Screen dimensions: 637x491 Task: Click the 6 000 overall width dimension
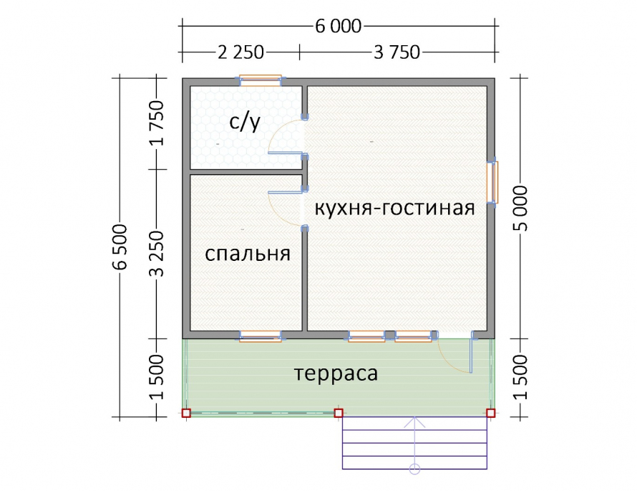pos(338,27)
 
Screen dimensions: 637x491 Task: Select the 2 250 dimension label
pos(241,52)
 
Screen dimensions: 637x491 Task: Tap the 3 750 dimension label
pos(397,52)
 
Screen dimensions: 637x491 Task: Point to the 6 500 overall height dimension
pos(120,247)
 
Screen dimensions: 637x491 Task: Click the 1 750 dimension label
pos(157,123)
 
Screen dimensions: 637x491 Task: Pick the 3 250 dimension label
pos(157,254)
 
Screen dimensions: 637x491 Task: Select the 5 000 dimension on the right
pos(520,209)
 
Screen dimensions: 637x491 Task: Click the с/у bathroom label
pos(245,121)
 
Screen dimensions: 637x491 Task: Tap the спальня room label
pos(248,254)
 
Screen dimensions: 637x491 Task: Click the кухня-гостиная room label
pos(395,208)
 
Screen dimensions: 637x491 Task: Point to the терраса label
pos(336,373)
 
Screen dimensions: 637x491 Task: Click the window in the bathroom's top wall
pos(261,80)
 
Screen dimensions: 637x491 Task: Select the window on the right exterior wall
pos(493,182)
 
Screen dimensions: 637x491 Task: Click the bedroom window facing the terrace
pos(261,336)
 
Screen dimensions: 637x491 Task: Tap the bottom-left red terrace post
pos(186,414)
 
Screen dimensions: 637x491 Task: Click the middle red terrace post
pos(339,414)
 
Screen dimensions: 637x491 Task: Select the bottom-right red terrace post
pos(491,414)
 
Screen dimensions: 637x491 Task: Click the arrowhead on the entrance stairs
pos(414,422)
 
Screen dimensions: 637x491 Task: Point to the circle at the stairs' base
pos(414,469)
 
